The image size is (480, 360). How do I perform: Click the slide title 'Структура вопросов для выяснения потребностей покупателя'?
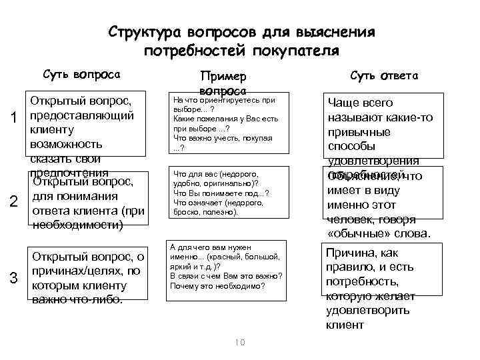tap(241, 41)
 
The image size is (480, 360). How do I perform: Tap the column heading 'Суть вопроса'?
tap(81, 74)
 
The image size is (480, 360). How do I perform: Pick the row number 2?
tap(14, 203)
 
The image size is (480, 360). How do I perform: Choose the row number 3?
tap(14, 278)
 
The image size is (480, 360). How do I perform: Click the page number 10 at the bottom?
tap(240, 342)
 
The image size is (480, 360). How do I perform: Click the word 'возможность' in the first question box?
tap(65, 145)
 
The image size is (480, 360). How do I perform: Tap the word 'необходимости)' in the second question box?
tap(77, 225)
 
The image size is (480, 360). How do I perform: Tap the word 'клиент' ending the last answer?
tap(345, 325)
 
